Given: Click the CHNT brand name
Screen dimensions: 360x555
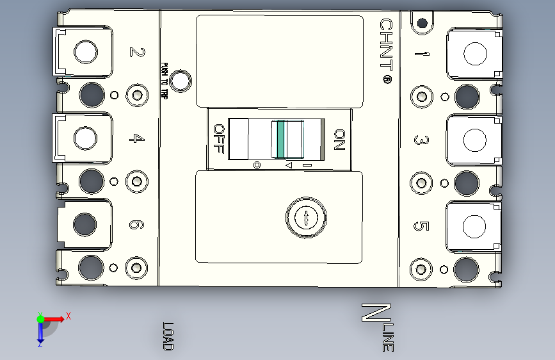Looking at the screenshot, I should [x=386, y=45].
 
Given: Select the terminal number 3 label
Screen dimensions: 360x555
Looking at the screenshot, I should [x=421, y=140].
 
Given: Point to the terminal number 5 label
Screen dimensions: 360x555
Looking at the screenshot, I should [x=421, y=226].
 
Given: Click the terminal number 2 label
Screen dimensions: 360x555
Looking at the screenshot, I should [x=136, y=52].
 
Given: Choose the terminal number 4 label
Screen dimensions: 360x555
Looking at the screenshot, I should [x=136, y=138].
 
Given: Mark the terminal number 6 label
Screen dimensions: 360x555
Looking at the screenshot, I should [x=136, y=225].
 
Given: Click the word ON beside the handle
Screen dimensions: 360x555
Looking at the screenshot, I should [x=339, y=140].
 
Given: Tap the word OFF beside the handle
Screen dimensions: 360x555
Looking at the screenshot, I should [x=219, y=138].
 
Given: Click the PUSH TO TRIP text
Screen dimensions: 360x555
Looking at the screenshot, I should [x=165, y=81].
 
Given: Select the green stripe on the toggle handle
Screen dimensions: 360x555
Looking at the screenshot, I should [x=280, y=139].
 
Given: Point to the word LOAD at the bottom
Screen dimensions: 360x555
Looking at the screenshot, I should [x=168, y=336].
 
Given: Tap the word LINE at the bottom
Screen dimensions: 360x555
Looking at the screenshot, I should [x=389, y=338].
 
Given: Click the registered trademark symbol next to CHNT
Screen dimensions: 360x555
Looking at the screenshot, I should [x=387, y=81].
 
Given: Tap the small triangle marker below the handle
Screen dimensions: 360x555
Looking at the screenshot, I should [x=288, y=166].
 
